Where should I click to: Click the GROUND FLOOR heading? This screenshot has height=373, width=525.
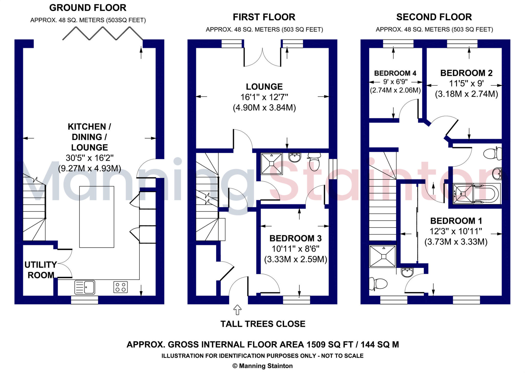coord(88,8)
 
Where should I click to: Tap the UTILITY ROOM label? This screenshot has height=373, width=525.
coord(41,270)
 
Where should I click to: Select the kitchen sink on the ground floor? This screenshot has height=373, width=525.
coord(85,287)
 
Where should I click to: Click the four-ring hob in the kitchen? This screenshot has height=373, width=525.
coord(120,287)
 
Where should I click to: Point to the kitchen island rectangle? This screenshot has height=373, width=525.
coord(97,217)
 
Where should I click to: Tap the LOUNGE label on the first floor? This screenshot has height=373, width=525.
coord(264,87)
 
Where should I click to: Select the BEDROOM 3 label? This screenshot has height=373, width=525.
coord(295,238)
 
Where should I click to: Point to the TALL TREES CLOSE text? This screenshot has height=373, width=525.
coord(263,324)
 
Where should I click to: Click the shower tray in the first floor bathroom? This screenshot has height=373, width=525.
coord(271,164)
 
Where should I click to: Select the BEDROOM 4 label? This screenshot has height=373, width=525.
coord(395,73)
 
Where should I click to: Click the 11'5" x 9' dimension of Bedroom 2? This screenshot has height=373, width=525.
coord(466,84)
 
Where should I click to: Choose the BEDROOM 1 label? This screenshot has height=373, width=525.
coord(456,221)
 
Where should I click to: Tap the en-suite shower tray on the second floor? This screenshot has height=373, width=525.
coord(382,256)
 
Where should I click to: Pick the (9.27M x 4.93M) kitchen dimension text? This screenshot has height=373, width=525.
coord(89,168)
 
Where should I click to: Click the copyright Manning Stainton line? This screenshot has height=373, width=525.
coord(262,366)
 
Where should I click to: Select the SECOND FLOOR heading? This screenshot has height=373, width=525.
coord(434,17)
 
